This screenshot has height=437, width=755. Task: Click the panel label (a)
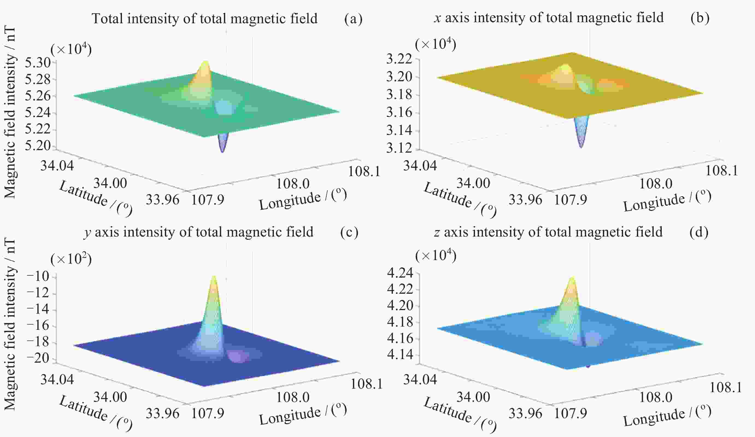click(353, 19)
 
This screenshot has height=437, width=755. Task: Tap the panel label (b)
click(700, 18)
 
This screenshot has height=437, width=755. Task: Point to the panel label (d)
click(699, 232)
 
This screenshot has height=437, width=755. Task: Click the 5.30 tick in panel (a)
click(37, 63)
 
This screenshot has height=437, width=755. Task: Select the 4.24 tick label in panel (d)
click(400, 273)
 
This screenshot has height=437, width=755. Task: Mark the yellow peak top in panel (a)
click(205, 62)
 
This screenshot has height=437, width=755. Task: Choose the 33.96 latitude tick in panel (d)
click(525, 413)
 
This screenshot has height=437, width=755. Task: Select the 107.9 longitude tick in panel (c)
click(208, 413)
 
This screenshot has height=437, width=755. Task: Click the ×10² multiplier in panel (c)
click(71, 259)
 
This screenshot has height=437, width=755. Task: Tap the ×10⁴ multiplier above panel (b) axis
click(436, 45)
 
